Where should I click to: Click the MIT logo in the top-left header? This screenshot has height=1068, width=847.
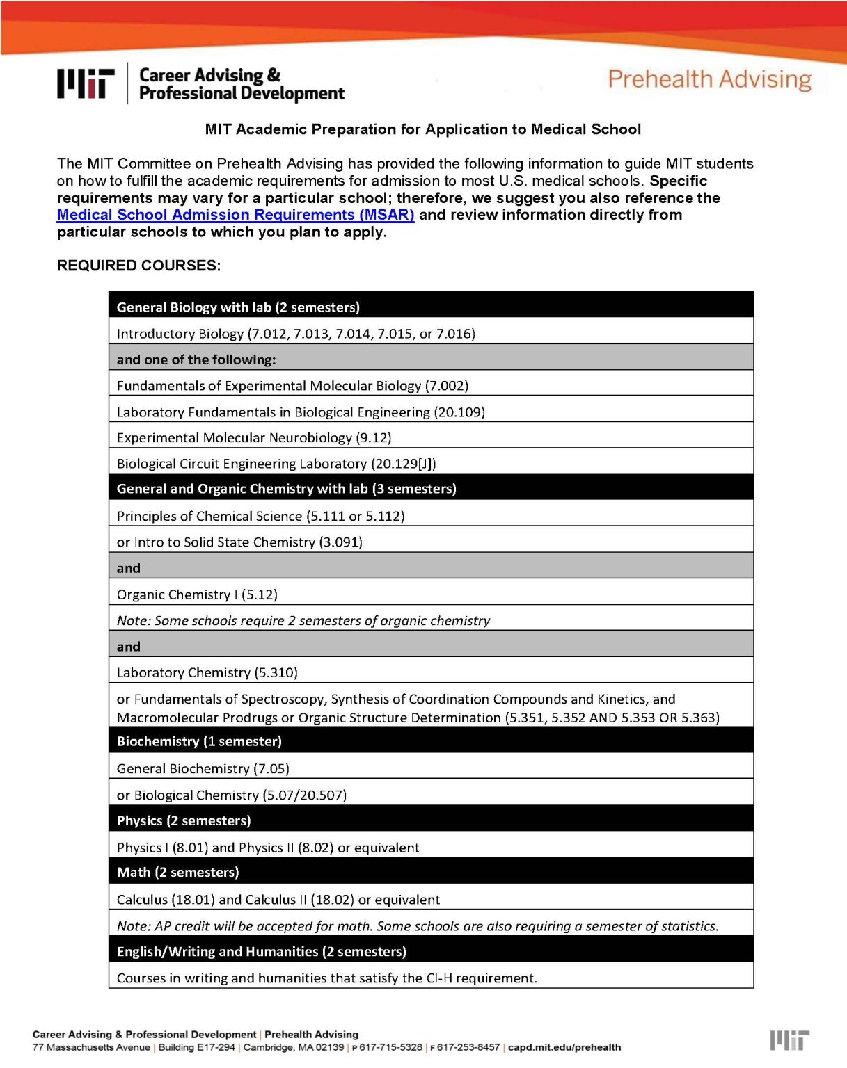coord(86,83)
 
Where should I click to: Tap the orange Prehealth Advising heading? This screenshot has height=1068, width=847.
coord(709,79)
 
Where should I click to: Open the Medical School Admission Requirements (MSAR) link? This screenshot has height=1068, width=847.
coord(235,215)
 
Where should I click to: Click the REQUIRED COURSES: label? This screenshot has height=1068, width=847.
coord(138,266)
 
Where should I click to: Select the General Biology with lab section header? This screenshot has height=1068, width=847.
coord(238,307)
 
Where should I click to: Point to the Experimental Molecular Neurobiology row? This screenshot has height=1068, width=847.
coord(254,438)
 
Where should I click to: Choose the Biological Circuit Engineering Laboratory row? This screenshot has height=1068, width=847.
coord(276,464)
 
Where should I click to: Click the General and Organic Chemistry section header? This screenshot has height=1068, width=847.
coord(286,489)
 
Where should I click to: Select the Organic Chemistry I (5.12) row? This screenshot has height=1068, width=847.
coord(197,594)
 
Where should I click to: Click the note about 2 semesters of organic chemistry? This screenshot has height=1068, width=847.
coord(303,620)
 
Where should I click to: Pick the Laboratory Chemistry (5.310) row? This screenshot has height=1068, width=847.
coord(207,672)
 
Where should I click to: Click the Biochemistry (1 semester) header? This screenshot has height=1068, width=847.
coord(199,741)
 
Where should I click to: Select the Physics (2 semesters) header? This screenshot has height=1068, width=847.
coord(184,820)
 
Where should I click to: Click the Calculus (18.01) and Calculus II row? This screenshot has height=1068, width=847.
coord(278,900)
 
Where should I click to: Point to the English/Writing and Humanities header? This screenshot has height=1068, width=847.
coord(261,951)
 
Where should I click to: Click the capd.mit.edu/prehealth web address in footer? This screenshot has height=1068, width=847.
coord(564,1047)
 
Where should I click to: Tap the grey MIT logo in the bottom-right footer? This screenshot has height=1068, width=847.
coord(789,1040)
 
